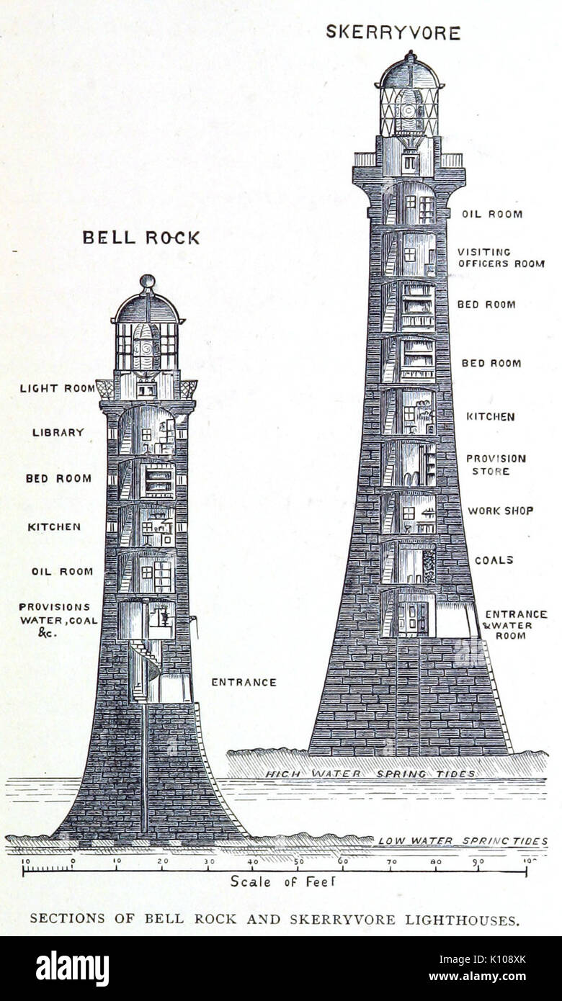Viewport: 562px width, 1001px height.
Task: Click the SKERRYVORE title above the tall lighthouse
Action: point(393,33)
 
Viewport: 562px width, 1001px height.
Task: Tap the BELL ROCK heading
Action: point(141,238)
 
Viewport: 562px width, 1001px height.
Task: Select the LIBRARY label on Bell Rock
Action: point(58,432)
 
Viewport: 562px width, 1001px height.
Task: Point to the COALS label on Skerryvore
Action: point(494,560)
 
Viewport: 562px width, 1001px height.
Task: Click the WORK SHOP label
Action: point(500,511)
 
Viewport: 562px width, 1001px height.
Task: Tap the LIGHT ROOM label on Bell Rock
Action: point(57,388)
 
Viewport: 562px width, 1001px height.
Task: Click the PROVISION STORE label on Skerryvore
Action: point(496,464)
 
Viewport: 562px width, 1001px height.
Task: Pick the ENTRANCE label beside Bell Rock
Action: point(244,682)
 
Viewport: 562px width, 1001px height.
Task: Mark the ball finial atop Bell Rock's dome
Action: point(148,282)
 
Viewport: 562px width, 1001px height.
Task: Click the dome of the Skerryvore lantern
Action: point(410,73)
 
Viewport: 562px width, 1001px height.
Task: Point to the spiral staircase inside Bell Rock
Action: point(145,670)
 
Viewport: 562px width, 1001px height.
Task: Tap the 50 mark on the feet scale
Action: point(299,861)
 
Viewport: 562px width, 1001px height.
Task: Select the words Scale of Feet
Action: point(282,881)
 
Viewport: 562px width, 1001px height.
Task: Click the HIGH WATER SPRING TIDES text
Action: point(370,773)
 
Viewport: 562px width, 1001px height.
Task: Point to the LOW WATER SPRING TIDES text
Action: point(463,840)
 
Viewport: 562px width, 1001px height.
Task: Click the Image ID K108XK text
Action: point(482,959)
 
